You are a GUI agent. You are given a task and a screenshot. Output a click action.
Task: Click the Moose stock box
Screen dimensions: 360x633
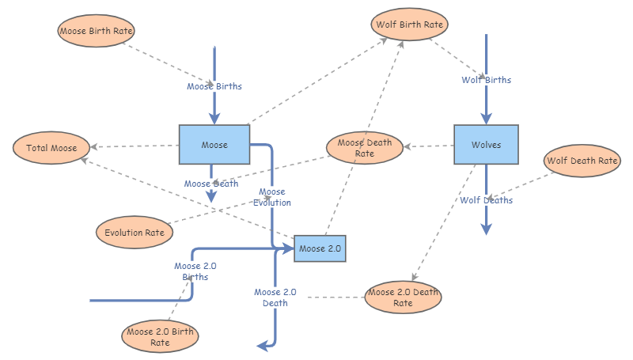click(x=214, y=145)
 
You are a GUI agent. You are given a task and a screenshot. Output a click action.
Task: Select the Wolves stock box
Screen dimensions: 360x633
click(x=486, y=145)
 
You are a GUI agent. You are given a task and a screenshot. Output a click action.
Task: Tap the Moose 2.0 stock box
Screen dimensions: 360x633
click(x=320, y=248)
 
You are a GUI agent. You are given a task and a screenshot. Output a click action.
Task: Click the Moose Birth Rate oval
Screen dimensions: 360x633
click(x=97, y=31)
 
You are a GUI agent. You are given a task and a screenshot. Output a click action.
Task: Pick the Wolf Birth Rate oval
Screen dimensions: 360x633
click(x=409, y=25)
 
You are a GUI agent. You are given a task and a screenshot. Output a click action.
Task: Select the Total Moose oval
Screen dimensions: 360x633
click(x=51, y=148)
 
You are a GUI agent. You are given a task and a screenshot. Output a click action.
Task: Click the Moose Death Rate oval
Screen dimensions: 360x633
click(x=364, y=148)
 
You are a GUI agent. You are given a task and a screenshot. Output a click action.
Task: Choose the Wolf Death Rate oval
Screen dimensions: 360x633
click(x=582, y=161)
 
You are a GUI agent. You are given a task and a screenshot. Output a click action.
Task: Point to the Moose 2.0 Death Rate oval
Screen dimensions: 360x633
click(x=403, y=297)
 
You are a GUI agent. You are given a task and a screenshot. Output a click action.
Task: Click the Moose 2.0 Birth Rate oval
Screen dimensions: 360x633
click(x=160, y=337)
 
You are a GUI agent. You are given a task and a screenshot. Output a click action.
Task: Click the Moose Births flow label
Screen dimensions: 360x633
click(x=214, y=86)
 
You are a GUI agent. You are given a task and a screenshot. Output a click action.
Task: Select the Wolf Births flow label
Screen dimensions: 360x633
click(x=486, y=80)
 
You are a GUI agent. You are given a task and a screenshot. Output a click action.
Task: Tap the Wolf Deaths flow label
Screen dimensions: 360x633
click(x=486, y=200)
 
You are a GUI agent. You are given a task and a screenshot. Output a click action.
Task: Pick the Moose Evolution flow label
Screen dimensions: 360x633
click(x=272, y=197)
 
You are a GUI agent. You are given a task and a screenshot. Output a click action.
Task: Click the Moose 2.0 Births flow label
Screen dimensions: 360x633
click(x=195, y=271)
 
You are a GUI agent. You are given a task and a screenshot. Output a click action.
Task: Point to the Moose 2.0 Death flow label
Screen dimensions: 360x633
click(x=275, y=297)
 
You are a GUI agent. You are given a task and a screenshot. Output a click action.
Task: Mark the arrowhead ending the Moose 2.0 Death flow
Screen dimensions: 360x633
click(x=262, y=346)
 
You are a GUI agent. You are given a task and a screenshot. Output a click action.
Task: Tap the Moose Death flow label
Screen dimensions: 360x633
click(x=211, y=184)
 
